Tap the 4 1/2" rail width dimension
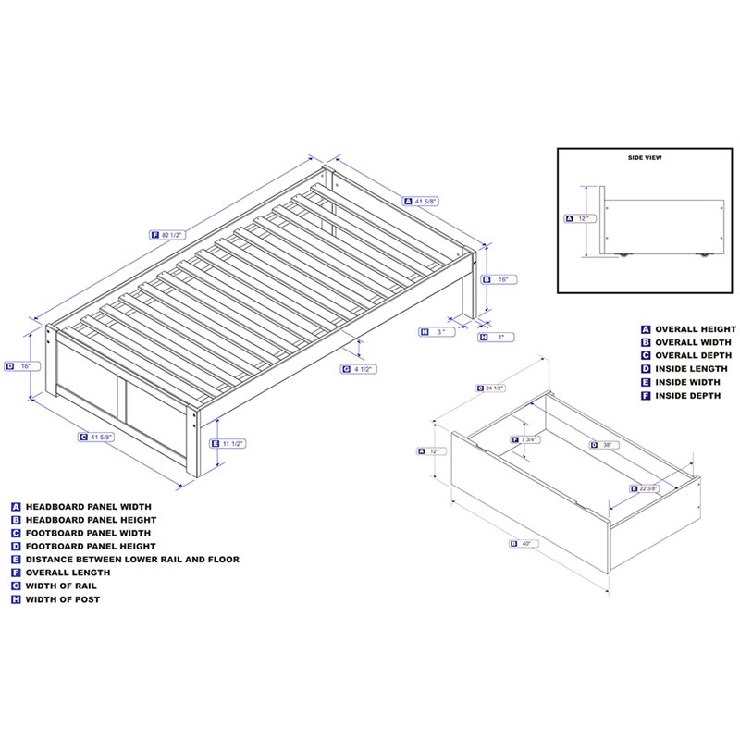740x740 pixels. (x=362, y=369)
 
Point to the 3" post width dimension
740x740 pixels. (x=442, y=331)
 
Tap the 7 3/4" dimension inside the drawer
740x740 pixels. (x=528, y=439)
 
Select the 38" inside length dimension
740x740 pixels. (x=606, y=445)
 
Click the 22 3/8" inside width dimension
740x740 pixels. (x=648, y=488)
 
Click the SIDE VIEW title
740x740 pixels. (x=644, y=158)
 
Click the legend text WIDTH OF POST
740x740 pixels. (x=67, y=598)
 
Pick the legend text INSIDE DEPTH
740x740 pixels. (x=688, y=395)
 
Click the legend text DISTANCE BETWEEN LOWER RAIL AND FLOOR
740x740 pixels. (x=132, y=560)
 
